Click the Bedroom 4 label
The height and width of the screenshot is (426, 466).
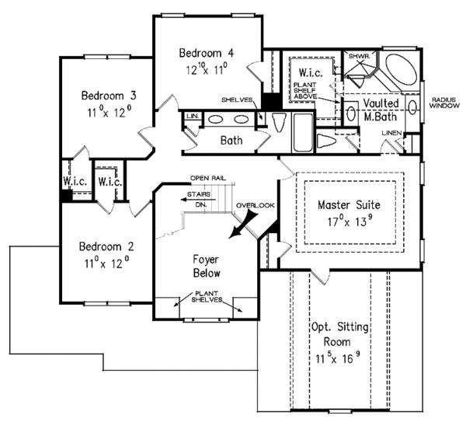[206, 54]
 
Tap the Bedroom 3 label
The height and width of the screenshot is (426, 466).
[110, 96]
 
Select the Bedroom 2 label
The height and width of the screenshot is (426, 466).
[106, 246]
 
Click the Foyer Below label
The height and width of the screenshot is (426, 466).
[207, 266]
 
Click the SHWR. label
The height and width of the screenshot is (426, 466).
[358, 56]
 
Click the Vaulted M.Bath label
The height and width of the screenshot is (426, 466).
[380, 110]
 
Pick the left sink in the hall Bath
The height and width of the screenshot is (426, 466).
[217, 119]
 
